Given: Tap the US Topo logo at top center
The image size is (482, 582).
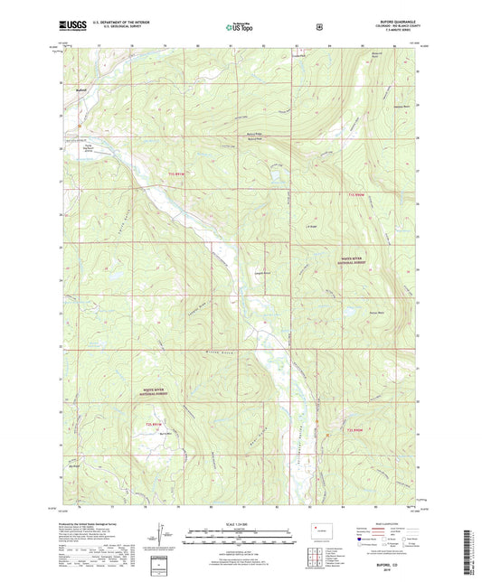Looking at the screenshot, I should point(240,29).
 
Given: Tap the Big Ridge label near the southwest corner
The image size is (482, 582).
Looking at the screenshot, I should point(75,466).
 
